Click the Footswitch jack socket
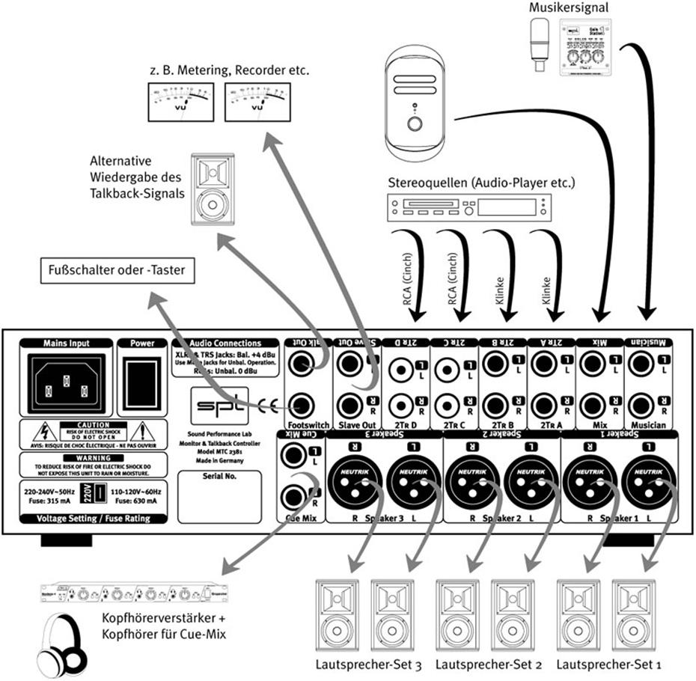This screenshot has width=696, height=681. tap(302, 407)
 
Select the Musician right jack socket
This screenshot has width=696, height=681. tap(641, 407)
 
